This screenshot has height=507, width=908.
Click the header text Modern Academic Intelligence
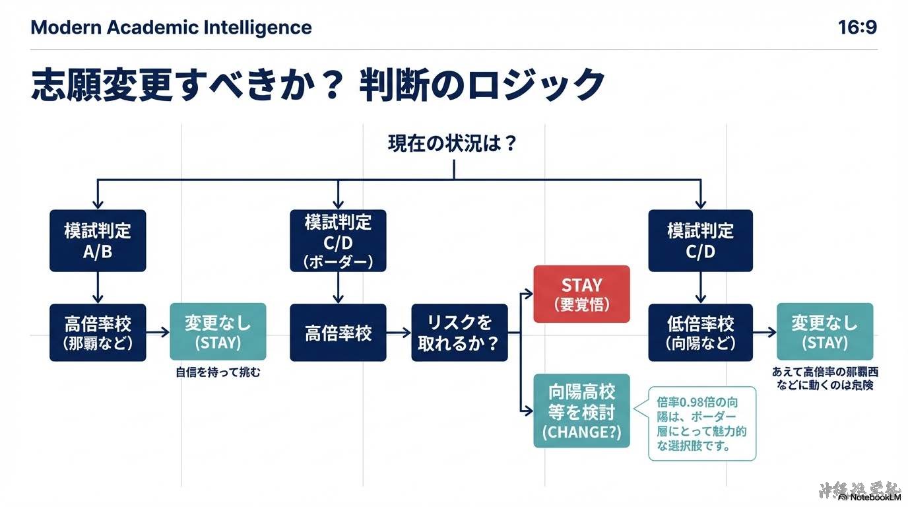tap(171, 28)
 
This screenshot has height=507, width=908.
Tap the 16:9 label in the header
tap(857, 28)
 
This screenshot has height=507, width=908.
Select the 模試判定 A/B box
tap(98, 240)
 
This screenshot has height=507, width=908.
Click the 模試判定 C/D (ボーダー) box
tap(338, 240)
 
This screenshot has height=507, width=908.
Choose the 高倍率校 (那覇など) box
tap(98, 332)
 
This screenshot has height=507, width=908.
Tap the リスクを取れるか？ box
tap(459, 332)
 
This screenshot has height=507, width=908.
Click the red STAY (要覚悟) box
tap(581, 294)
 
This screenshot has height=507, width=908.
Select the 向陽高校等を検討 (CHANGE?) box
tap(581, 411)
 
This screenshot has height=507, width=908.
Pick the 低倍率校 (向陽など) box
tap(700, 332)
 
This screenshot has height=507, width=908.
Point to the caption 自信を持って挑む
tap(218, 373)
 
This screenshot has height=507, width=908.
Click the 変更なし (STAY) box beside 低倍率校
tap(825, 331)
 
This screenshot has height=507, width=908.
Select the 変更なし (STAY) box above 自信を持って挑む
tap(218, 331)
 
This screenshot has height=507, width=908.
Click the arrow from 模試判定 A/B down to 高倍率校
tap(98, 287)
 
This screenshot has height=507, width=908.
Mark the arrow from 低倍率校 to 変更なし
tap(764, 333)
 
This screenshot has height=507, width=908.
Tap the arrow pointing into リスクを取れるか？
tap(399, 333)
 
